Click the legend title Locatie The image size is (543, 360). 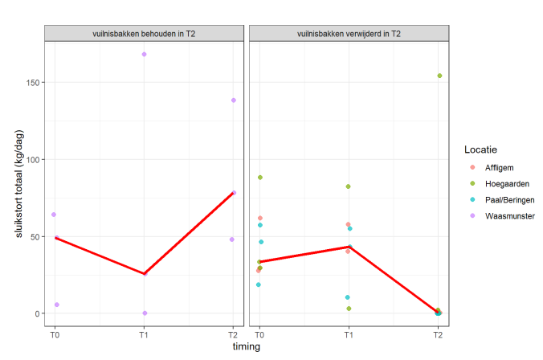click(480, 149)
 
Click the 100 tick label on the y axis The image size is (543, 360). click(32, 160)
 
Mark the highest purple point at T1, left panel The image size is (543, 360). click(144, 54)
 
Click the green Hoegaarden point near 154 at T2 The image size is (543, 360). click(439, 76)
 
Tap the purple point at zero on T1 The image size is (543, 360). click(144, 313)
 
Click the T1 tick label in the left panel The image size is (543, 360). click(144, 332)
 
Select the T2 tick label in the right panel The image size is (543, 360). click(438, 332)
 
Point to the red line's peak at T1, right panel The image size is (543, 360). click(349, 247)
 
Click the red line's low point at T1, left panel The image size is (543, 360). click(144, 274)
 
